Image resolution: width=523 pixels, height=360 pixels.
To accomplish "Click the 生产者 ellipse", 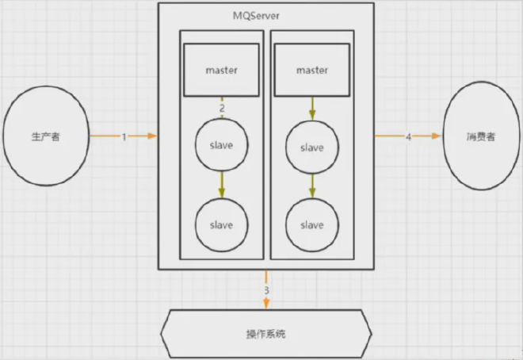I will (x=45, y=136).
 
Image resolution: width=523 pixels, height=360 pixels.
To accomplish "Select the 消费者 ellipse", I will (x=479, y=136).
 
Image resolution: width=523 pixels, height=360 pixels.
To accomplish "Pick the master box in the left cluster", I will (x=222, y=70).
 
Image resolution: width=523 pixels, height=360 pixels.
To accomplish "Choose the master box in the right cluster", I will (x=311, y=70).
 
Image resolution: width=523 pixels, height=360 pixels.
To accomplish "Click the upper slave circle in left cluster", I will (x=222, y=145).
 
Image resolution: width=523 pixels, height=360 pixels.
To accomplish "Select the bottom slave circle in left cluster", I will (x=222, y=224).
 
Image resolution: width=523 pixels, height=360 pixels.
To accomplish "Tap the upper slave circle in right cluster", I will (x=311, y=147).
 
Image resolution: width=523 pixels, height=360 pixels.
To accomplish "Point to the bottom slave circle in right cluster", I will (x=311, y=224).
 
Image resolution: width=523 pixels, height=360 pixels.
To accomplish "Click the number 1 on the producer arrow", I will (x=124, y=136).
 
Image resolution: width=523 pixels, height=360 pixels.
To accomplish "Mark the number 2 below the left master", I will (x=222, y=107).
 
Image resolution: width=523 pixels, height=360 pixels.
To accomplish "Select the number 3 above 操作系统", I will (x=266, y=290).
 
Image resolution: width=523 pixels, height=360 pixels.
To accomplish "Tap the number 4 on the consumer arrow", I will (x=408, y=136).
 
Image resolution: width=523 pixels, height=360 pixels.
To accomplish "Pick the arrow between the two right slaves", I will (x=311, y=186).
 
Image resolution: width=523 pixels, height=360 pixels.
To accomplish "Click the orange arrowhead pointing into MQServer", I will (x=153, y=136).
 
